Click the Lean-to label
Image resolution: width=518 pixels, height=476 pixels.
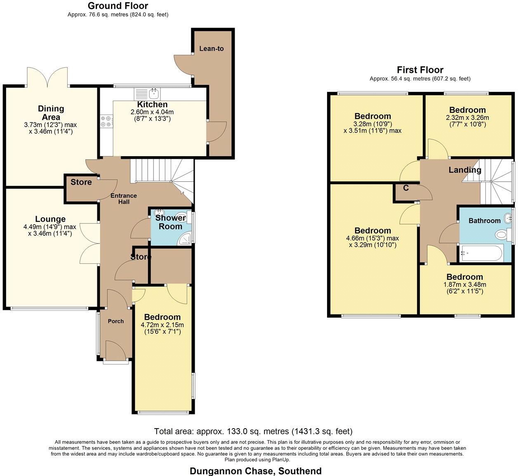coord(211,49)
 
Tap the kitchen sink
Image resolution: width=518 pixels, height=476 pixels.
coord(154,94)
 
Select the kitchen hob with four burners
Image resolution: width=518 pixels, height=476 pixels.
coord(106,121)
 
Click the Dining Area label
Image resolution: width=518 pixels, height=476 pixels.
coord(51,113)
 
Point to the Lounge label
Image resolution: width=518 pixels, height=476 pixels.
coord(50,219)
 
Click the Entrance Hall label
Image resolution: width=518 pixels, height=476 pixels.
coord(124,199)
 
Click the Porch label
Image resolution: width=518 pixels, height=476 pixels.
coord(116,321)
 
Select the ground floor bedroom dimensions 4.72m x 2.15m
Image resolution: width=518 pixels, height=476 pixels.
coord(162,328)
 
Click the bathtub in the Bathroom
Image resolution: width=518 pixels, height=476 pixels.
coord(482,253)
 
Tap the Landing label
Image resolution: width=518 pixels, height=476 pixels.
coord(465,170)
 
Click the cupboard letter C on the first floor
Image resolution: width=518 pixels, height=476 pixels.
coord(406,188)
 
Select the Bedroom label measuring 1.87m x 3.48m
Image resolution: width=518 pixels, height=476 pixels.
coord(464,277)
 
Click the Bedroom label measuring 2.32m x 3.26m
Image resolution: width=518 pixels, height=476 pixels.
coord(467,110)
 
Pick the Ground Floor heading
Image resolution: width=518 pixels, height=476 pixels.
coord(118,6)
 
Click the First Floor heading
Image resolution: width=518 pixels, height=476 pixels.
coord(420,70)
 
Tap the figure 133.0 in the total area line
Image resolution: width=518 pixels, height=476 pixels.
coord(237,438)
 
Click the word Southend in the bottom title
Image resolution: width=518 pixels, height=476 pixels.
coord(300,471)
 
